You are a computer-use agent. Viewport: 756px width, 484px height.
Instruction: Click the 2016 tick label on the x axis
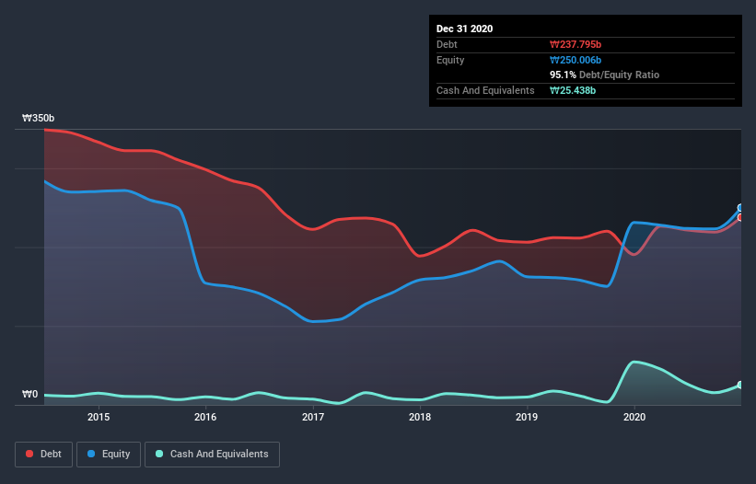click(205, 417)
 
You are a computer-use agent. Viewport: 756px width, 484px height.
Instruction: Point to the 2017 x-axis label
click(313, 417)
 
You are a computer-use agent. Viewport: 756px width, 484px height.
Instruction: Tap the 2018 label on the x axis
click(420, 417)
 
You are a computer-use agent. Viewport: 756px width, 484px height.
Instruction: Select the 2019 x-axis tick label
click(527, 417)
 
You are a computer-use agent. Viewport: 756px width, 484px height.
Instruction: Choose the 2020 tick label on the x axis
click(634, 417)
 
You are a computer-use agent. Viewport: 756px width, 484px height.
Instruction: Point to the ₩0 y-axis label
click(30, 395)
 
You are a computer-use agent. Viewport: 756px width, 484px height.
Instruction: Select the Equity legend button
click(109, 454)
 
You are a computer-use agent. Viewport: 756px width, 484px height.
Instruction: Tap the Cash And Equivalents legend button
click(212, 454)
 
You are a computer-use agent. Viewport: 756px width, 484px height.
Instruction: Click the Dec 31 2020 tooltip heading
click(465, 29)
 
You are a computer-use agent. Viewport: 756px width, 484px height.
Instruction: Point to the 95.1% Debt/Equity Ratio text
click(604, 75)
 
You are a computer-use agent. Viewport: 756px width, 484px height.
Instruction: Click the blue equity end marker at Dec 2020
click(740, 208)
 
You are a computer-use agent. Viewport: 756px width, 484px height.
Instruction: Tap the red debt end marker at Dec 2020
click(740, 217)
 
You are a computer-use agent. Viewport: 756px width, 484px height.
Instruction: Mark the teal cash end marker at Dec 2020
click(740, 385)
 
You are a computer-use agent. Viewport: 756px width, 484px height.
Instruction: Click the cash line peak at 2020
click(635, 362)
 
